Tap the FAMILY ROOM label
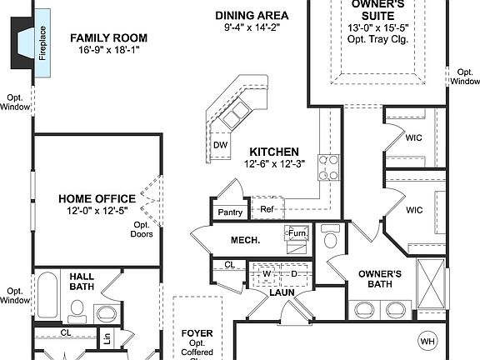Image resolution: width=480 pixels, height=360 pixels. click(x=108, y=37)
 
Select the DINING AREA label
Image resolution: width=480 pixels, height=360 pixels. click(x=252, y=16)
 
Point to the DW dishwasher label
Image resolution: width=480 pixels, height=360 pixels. click(x=220, y=145)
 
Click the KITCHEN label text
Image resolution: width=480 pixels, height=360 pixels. click(x=274, y=152)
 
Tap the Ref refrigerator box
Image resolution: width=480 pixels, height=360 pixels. click(x=267, y=210)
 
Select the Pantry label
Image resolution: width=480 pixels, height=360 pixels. click(x=230, y=212)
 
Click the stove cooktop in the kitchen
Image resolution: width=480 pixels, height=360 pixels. click(x=329, y=167)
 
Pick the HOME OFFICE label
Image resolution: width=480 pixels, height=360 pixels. click(x=97, y=199)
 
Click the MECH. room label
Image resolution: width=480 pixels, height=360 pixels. click(x=246, y=240)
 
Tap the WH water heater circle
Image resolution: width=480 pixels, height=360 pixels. click(x=427, y=340)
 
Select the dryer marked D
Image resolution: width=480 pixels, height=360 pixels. click(x=294, y=272)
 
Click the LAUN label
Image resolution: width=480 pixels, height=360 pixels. click(x=282, y=292)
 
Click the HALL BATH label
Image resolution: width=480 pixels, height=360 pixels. click(x=81, y=280)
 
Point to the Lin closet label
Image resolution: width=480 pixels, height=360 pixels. click(x=107, y=339)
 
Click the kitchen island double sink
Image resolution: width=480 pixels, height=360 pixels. click(x=240, y=110)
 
